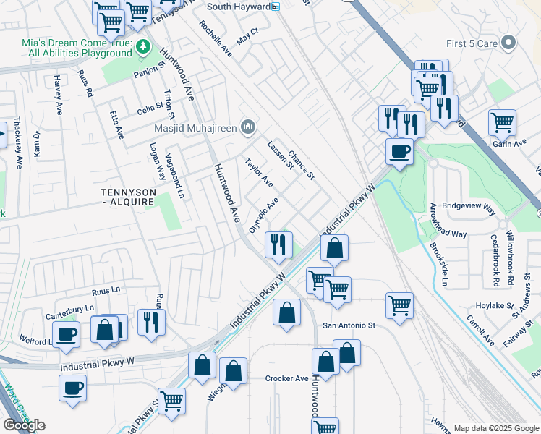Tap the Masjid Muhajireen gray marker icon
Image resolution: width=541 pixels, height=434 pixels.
tap(248, 128)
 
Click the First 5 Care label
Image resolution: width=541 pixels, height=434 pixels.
tap(472, 44)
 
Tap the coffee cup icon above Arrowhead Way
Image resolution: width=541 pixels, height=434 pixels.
tap(399, 152)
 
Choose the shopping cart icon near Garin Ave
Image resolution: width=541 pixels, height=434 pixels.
tap(502, 122)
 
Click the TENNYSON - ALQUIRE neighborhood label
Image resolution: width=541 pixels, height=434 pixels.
tap(127, 197)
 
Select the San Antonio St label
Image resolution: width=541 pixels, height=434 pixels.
tap(349, 325)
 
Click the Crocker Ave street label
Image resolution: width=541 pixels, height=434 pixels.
tap(287, 378)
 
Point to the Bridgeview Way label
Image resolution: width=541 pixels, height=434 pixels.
tap(469, 205)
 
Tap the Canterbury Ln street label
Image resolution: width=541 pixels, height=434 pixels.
tap(70, 307)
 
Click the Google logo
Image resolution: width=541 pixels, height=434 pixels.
tap(25, 425)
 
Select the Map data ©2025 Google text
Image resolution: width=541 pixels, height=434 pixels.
tap(495, 428)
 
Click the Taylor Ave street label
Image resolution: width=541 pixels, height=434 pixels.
tap(258, 171)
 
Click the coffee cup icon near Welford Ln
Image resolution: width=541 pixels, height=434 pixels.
tap(67, 335)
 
